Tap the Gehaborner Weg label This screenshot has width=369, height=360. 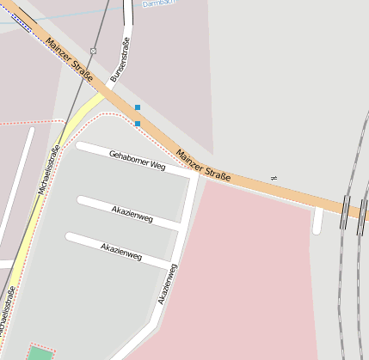[137, 159]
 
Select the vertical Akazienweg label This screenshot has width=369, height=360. [168, 284]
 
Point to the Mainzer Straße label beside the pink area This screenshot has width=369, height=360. [203, 166]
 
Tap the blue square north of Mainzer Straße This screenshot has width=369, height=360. [137, 107]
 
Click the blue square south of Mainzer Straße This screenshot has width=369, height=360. [138, 124]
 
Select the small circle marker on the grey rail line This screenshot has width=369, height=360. [93, 52]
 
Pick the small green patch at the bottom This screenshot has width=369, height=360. [40, 353]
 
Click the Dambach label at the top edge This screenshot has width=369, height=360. [157, 3]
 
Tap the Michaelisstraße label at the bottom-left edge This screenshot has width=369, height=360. [7, 309]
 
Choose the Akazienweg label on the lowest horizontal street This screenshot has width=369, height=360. [120, 250]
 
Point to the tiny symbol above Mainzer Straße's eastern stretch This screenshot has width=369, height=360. [274, 177]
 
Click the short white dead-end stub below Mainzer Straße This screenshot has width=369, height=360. [318, 222]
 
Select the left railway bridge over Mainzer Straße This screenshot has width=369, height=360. [344, 211]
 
